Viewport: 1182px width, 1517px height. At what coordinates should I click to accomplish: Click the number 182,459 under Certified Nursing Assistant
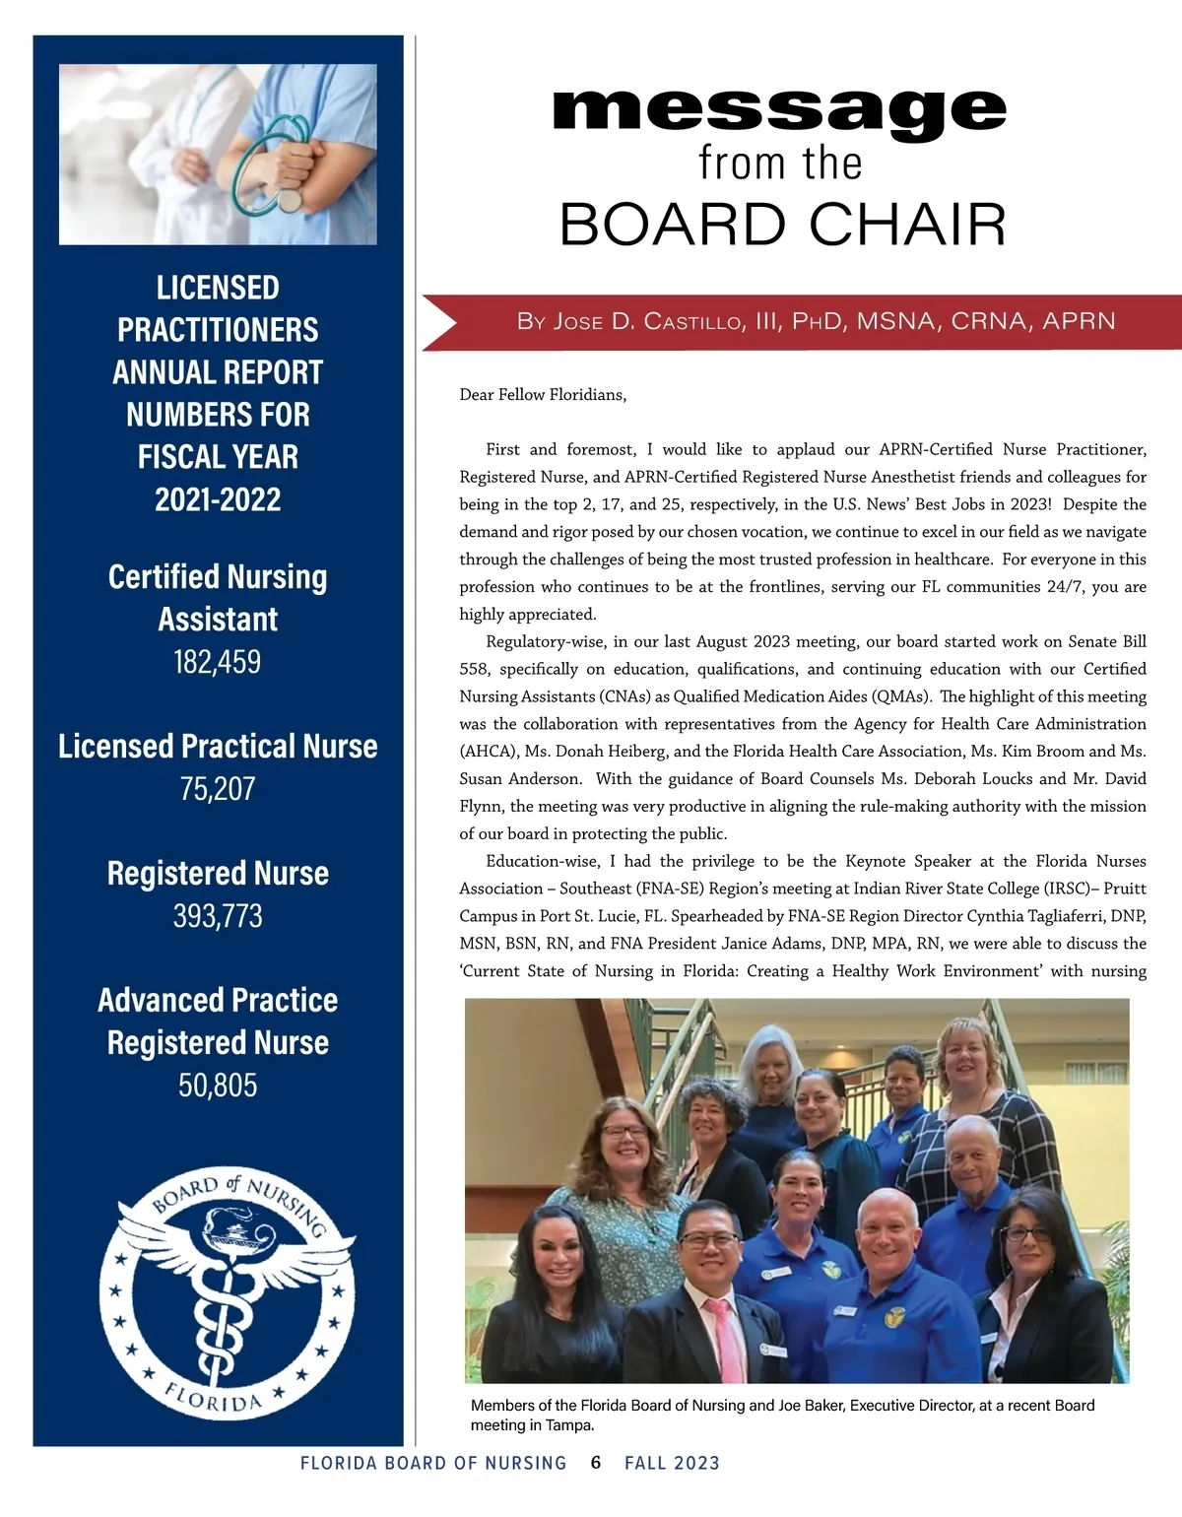coord(218,661)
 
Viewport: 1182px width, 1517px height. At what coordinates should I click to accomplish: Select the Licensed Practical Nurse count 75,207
coord(218,788)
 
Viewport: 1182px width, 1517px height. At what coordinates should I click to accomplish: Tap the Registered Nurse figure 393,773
coord(218,916)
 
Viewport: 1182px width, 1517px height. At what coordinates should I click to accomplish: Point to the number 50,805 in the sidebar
coord(218,1085)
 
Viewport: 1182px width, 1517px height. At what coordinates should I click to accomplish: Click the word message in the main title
coord(780,111)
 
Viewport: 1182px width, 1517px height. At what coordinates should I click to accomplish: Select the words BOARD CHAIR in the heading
coord(783,225)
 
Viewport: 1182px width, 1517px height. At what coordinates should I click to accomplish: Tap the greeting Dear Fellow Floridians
coord(543,395)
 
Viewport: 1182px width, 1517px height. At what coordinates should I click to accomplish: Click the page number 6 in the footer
coord(596,1463)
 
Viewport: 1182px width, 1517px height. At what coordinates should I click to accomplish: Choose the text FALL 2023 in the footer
coord(672,1463)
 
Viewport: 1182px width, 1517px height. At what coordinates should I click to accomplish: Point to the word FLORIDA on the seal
coord(214,1397)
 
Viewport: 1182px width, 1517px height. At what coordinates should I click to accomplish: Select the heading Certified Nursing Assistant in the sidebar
coord(218,598)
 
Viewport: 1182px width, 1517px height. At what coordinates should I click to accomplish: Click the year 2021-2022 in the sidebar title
coord(218,499)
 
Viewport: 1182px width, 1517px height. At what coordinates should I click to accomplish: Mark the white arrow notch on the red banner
coord(439,322)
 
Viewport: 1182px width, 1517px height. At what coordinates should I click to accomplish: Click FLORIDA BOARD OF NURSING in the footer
coord(433,1463)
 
